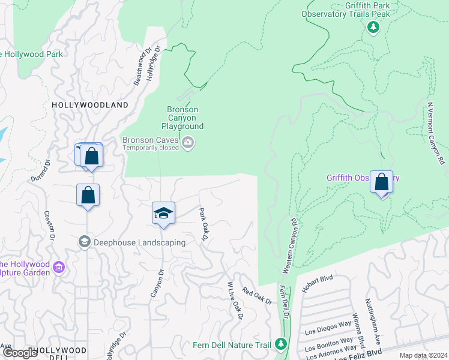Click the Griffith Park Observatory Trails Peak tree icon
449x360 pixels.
tap(373, 26)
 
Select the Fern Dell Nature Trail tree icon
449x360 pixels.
tap(280, 344)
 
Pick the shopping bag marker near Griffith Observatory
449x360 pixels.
tap(382, 182)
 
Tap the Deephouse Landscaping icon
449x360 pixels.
tap(84, 242)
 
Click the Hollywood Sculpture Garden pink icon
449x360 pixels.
tap(59, 266)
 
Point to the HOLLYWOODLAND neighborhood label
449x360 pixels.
tap(90, 105)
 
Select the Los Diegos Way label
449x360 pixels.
tap(328, 328)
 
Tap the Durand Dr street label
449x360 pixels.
tap(41, 170)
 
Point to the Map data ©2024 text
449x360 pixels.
tap(423, 355)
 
